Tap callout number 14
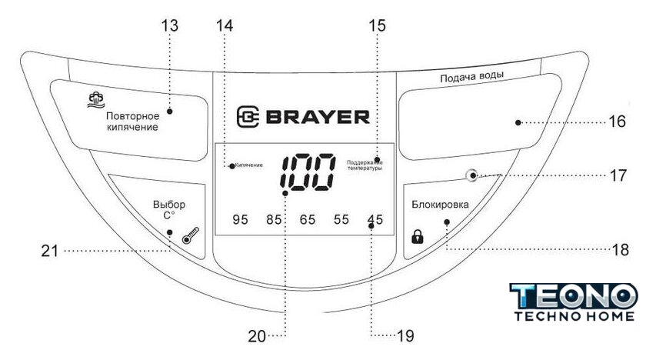click(x=224, y=25)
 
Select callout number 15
click(x=377, y=25)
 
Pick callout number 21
click(x=50, y=250)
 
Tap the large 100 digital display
click(x=308, y=172)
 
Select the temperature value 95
click(x=240, y=220)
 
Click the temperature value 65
click(x=308, y=220)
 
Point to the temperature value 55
click(x=341, y=220)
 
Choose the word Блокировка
click(x=439, y=205)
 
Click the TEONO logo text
click(x=574, y=295)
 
